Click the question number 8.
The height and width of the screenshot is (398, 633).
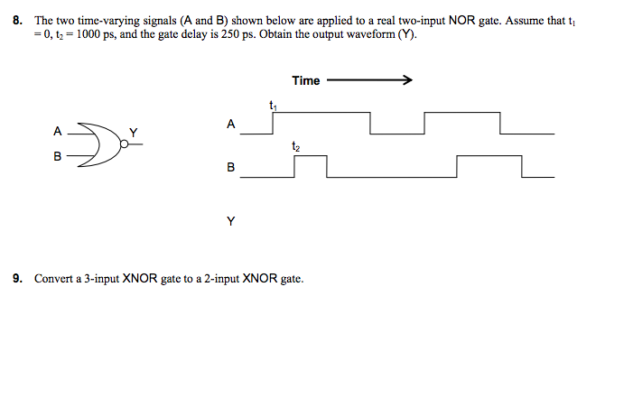(x=17, y=18)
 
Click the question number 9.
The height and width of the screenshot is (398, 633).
(x=17, y=279)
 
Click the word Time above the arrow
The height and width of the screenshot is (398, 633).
(x=305, y=80)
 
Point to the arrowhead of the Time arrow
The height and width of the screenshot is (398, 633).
(x=407, y=80)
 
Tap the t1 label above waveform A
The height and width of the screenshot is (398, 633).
(x=273, y=106)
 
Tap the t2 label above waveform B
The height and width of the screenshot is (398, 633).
(x=295, y=145)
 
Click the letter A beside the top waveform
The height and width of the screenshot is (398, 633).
(x=230, y=124)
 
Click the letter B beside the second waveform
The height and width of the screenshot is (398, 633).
(x=230, y=168)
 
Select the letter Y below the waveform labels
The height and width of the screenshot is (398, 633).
(x=230, y=219)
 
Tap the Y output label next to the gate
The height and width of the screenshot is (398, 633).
(x=134, y=133)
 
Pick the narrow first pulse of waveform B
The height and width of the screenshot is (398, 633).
(x=309, y=157)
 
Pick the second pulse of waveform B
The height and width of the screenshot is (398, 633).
(x=489, y=157)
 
